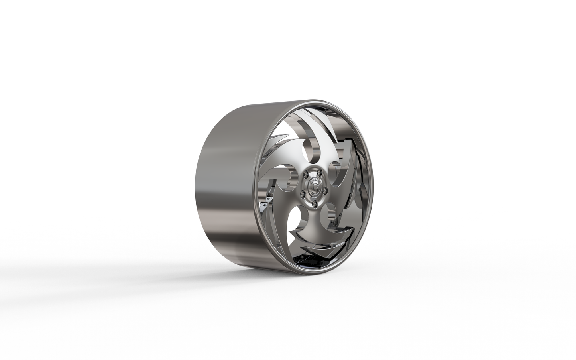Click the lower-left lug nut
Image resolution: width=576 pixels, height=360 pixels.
[303, 194]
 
